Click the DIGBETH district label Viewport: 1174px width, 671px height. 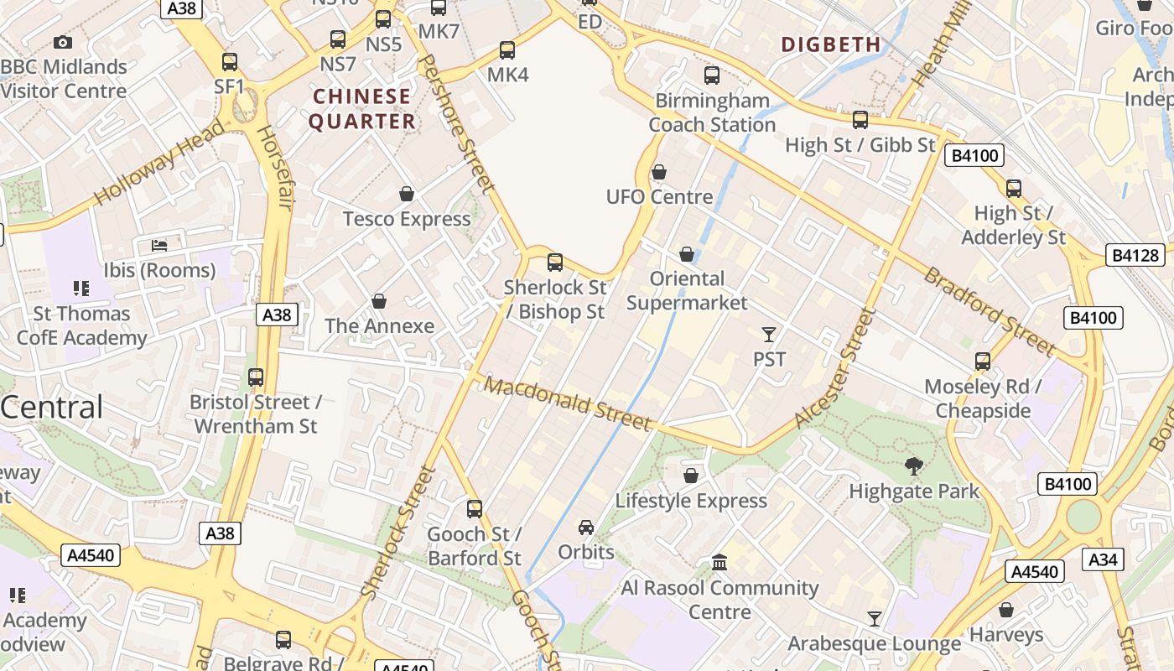[x=831, y=44]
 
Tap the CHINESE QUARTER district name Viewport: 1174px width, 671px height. [x=362, y=109]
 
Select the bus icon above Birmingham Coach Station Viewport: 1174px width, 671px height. [x=712, y=75]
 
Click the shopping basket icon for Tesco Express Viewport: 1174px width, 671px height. [x=407, y=194]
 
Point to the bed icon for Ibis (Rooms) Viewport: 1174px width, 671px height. [x=159, y=245]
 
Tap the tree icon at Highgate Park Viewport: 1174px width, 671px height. [x=914, y=466]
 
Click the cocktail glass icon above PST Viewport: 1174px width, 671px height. [x=769, y=335]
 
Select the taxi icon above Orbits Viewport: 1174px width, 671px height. [x=586, y=527]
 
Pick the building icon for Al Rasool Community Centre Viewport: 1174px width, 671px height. [x=719, y=562]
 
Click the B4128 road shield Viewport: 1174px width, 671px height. [x=1136, y=256]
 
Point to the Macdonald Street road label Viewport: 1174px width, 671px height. [x=568, y=403]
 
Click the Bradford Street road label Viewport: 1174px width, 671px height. [x=990, y=311]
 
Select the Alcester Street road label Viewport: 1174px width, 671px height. [x=835, y=368]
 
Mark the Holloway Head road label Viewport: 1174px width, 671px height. [x=159, y=163]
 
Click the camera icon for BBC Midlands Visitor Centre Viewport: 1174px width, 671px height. [x=63, y=42]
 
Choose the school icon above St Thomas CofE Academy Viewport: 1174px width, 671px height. [x=81, y=289]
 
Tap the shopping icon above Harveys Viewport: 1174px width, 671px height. [x=1006, y=610]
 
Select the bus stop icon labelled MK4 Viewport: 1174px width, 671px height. [x=507, y=50]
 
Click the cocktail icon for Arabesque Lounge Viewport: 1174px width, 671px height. [x=875, y=619]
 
